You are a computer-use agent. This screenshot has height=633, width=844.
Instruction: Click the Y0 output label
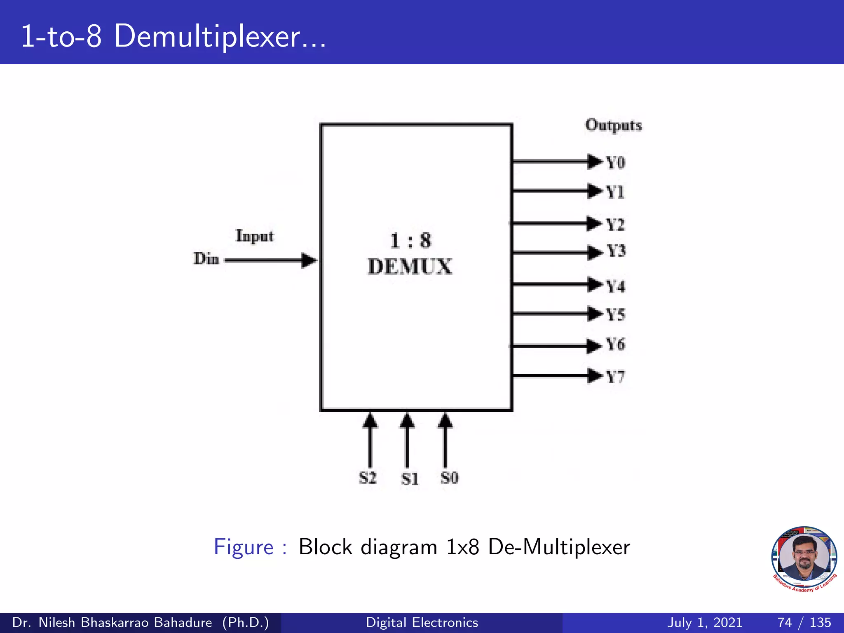pos(615,162)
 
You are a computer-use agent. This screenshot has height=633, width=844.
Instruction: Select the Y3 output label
pos(616,251)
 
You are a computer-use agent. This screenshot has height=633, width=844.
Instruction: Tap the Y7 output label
pos(615,377)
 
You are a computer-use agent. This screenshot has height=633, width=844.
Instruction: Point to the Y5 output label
pos(616,315)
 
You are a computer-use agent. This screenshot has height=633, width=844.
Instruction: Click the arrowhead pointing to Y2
pos(594,223)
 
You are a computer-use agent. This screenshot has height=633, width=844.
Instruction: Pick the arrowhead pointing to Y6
pos(594,345)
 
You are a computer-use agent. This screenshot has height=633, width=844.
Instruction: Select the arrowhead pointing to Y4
pos(594,284)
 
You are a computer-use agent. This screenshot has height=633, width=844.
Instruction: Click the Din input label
pos(206,259)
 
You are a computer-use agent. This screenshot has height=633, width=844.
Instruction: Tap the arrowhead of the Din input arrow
pos(309,260)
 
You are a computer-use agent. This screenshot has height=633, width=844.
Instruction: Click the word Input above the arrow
pos(254,236)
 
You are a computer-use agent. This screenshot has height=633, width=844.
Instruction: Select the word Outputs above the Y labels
pos(614,125)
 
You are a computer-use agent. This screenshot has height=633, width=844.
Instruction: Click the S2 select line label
pos(368,478)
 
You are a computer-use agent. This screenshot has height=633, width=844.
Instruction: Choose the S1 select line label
pos(410,479)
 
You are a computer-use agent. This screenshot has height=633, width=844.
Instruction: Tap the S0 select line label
pos(449,478)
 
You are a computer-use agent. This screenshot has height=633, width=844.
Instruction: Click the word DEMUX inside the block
pos(410,267)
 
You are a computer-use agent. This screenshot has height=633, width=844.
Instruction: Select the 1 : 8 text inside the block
pos(410,240)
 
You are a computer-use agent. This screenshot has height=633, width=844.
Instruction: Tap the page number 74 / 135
pos(804,622)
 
